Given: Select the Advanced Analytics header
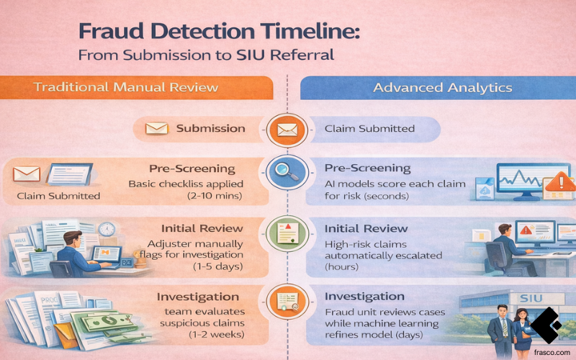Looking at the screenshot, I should click(443, 88).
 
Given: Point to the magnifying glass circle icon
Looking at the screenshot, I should click(287, 173).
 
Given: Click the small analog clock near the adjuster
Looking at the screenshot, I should click(107, 229).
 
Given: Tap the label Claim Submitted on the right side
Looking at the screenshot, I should click(369, 129).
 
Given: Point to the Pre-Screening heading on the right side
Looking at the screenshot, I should click(367, 168).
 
